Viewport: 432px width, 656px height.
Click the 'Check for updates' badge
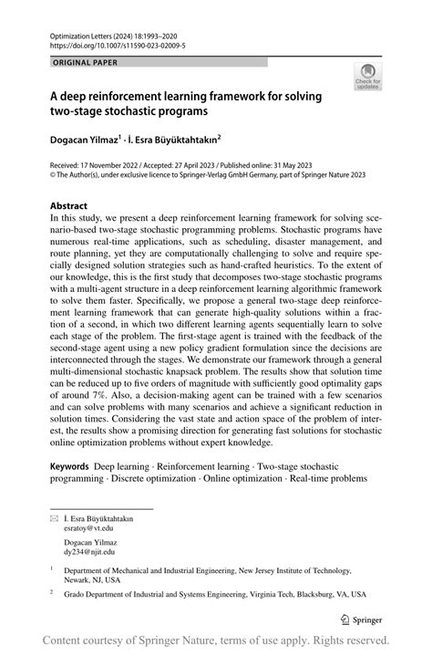tap(369, 76)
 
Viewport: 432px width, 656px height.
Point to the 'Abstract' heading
tap(69, 206)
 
